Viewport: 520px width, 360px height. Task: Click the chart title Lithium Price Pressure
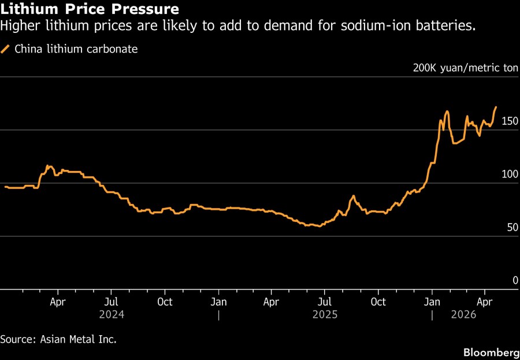[x=90, y=10]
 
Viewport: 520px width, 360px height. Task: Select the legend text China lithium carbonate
[x=76, y=49]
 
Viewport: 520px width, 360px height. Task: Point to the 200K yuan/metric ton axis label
[x=466, y=68]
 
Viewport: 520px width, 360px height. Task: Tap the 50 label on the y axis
[x=512, y=228]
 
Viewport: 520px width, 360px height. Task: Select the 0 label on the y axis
[x=515, y=281]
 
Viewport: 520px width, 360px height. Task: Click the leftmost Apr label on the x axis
[x=58, y=302]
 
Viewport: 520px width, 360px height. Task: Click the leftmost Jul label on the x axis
[x=112, y=302]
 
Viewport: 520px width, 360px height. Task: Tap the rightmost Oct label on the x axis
[x=378, y=302]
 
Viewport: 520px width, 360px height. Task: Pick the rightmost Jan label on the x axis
[x=432, y=302]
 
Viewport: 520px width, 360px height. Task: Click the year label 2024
[x=112, y=315]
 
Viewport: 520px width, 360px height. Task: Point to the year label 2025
[x=325, y=315]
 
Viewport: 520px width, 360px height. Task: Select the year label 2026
[x=464, y=315]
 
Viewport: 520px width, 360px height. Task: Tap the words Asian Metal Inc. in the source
[x=79, y=339]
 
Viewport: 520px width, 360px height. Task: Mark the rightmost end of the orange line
[x=496, y=107]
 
